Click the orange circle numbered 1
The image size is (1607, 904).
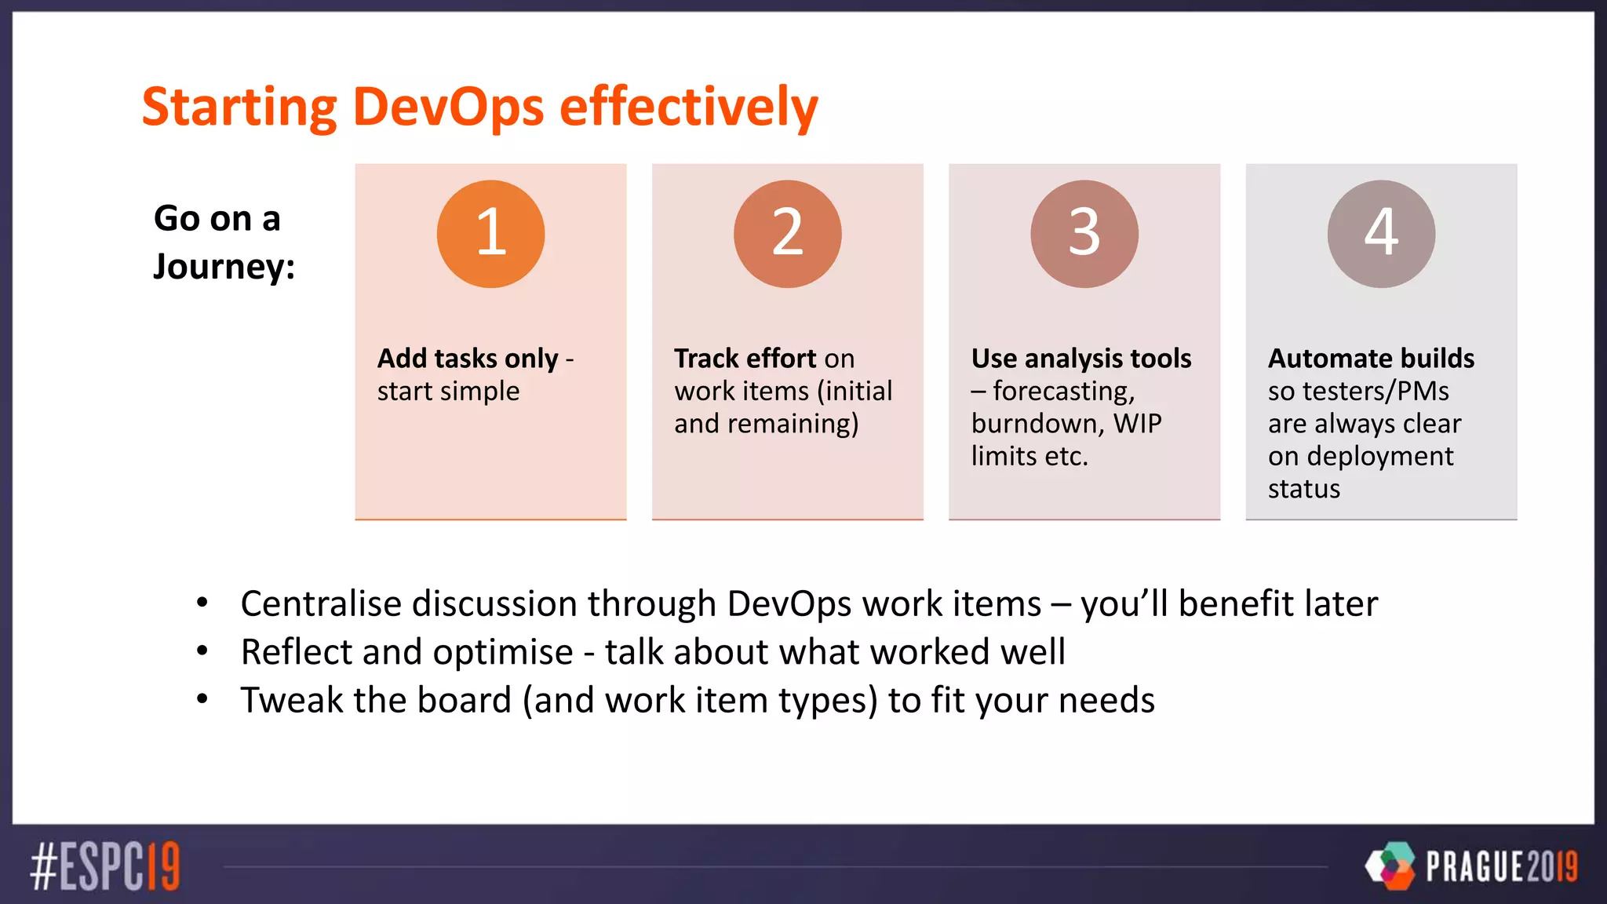490,234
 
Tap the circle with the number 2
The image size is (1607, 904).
787,234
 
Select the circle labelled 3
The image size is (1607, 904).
1084,234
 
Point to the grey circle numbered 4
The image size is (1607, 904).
1381,234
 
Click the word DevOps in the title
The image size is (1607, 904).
448,107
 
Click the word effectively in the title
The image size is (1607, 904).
688,107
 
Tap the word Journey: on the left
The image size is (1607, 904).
224,267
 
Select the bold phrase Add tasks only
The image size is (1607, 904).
468,359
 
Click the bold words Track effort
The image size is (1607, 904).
745,359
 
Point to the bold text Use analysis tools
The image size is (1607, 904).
1080,359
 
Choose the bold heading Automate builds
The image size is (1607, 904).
1371,359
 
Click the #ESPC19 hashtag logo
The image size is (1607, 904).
105,866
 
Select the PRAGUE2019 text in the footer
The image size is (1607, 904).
1501,866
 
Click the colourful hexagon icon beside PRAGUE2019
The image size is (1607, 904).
1390,866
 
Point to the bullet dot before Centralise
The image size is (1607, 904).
202,603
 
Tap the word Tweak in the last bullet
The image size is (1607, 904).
291,700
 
